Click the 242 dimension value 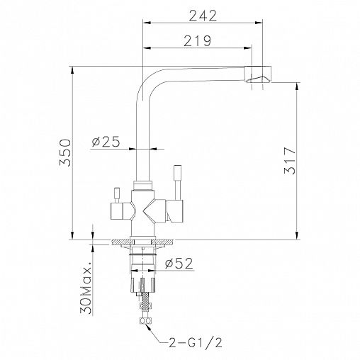click(x=203, y=16)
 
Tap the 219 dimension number click(x=198, y=41)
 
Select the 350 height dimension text click(x=65, y=152)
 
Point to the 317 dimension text click(x=290, y=161)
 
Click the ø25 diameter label click(x=106, y=142)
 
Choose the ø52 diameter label click(x=179, y=264)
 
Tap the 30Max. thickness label click(x=86, y=288)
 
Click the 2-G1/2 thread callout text click(x=196, y=342)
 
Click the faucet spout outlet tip click(x=258, y=79)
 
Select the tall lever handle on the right click(x=178, y=182)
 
